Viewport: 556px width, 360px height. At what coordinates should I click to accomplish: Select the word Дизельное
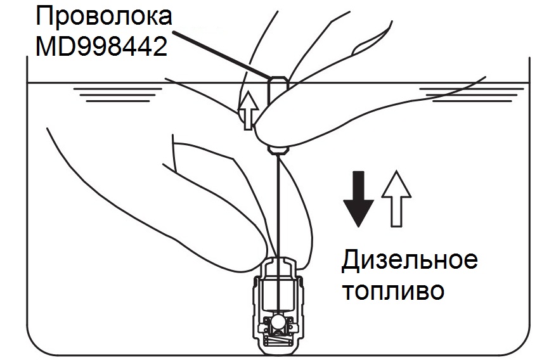point(409,261)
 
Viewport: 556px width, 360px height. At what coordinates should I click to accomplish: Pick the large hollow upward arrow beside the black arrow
point(396,198)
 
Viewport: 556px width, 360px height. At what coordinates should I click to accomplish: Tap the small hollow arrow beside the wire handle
point(247,109)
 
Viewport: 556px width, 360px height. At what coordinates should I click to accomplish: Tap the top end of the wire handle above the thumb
point(278,81)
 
